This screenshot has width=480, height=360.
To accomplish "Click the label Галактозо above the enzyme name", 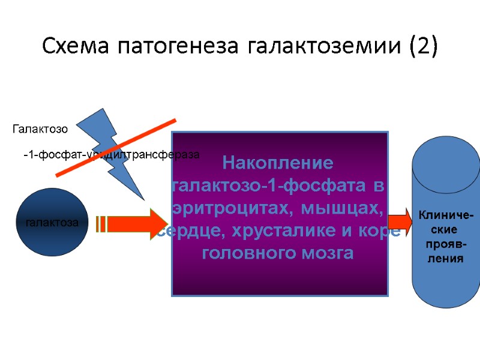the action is [x=40, y=128].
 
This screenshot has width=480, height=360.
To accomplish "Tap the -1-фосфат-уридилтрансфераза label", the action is [x=111, y=155].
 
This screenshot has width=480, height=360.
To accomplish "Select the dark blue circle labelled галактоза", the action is [x=52, y=223].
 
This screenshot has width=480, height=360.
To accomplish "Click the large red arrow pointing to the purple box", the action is [x=135, y=223].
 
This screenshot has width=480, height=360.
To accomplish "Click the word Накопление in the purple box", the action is [x=277, y=163].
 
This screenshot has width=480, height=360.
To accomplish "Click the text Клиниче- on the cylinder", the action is [x=446, y=215].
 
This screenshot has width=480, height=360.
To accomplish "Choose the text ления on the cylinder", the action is [x=446, y=259].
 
